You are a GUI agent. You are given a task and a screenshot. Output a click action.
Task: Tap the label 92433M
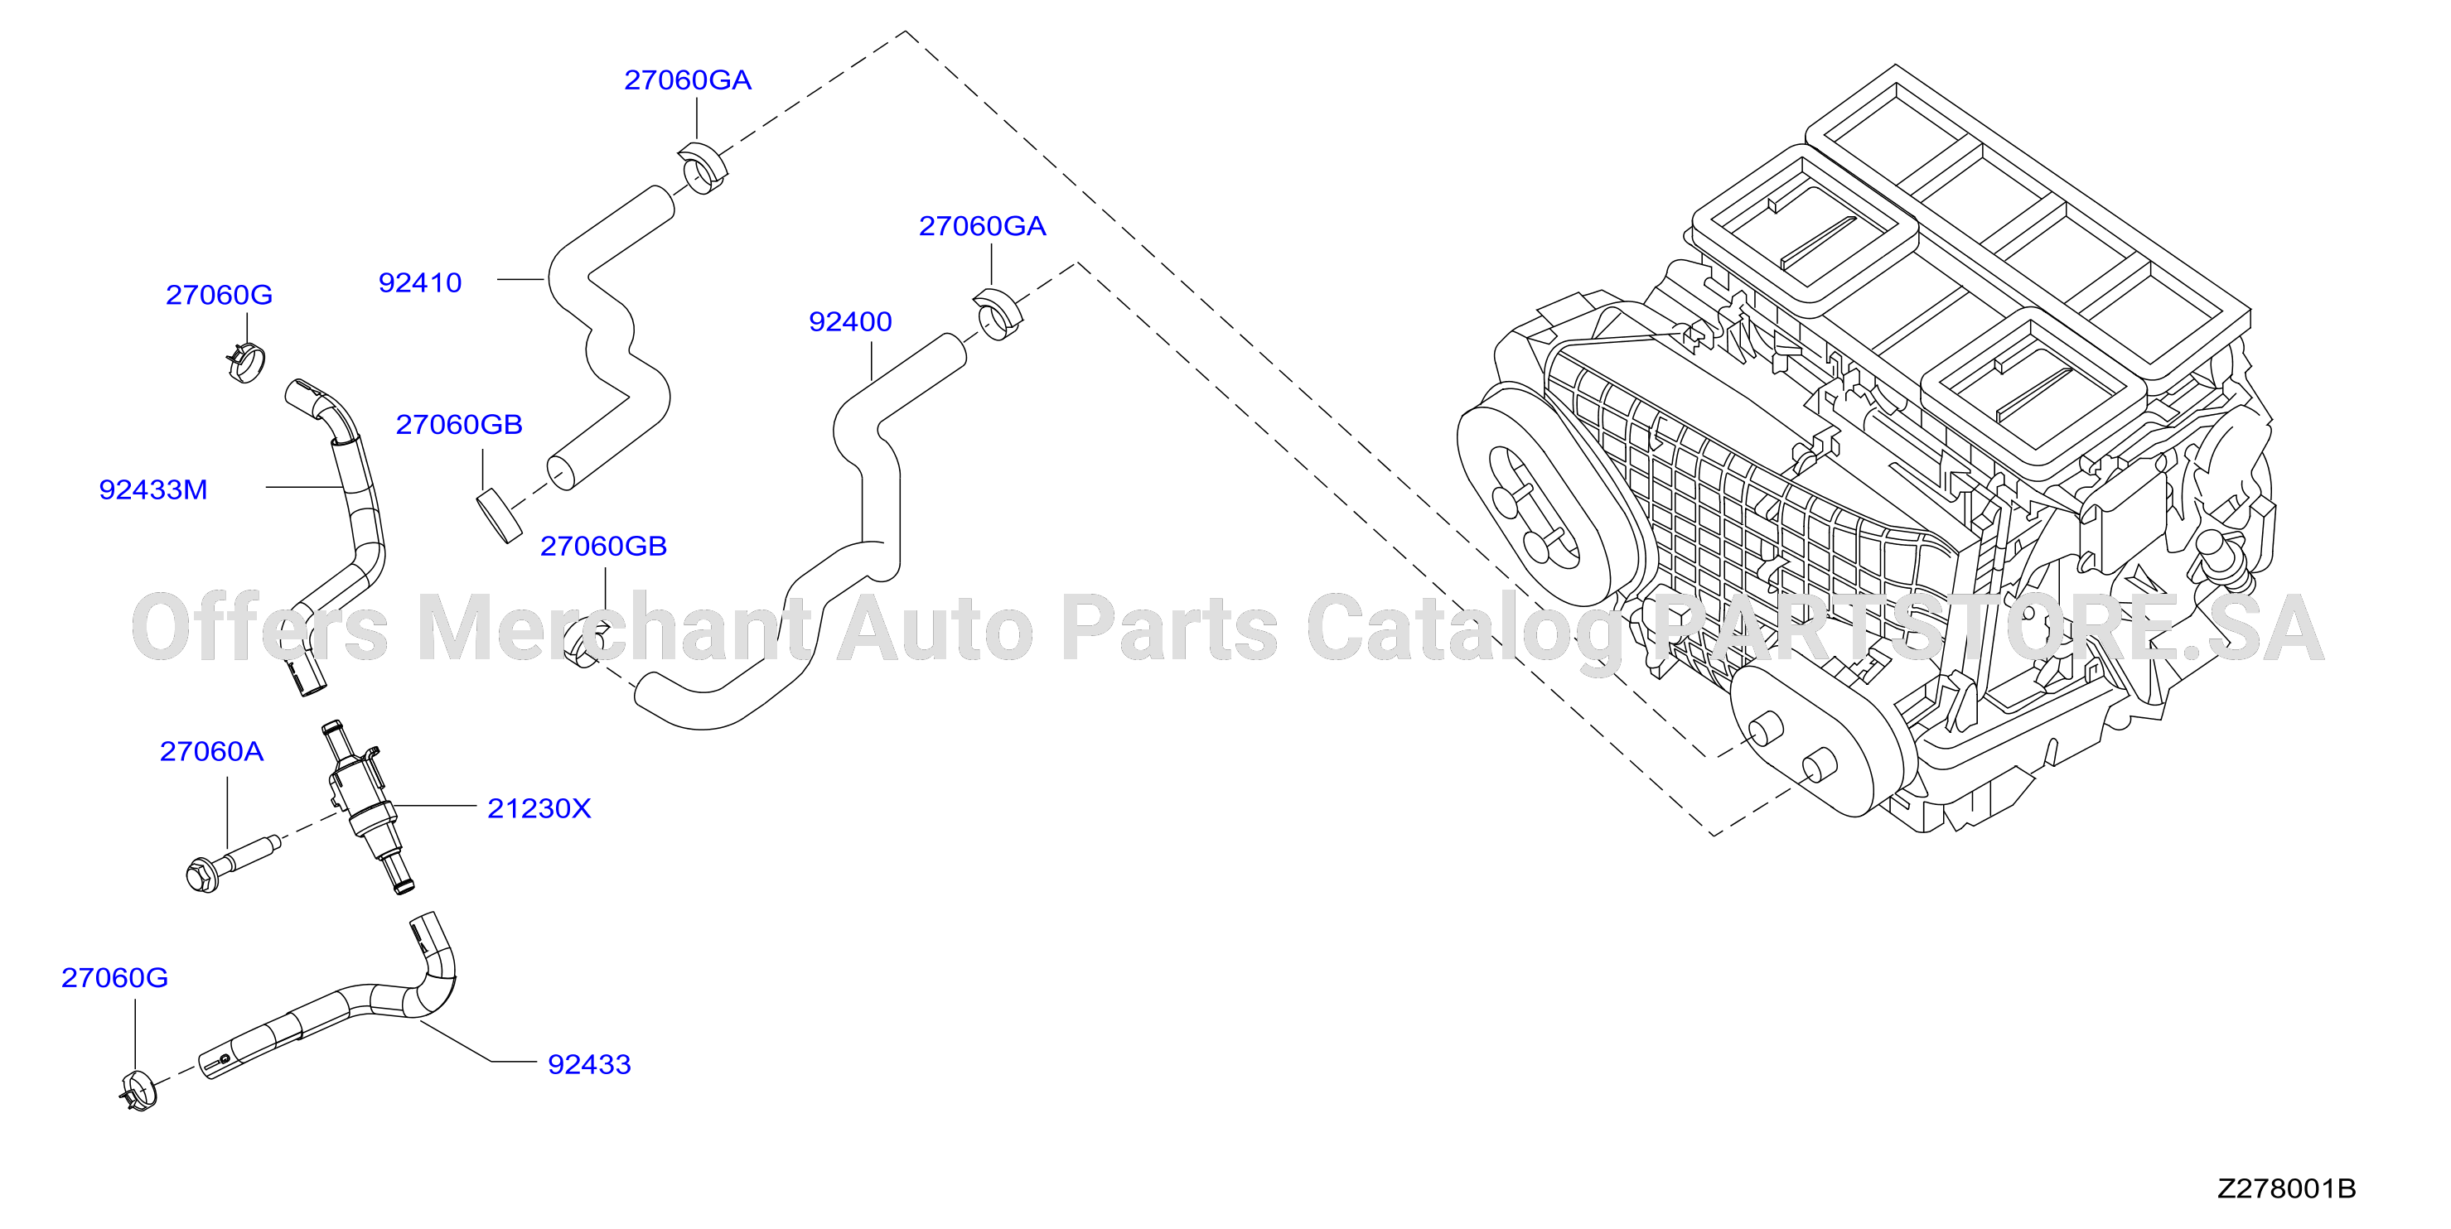[x=153, y=490]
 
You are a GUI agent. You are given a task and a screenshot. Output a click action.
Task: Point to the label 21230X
[x=539, y=808]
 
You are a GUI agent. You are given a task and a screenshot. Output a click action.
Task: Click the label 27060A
[x=211, y=751]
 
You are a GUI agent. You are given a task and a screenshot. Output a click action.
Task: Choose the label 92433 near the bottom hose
[x=589, y=1064]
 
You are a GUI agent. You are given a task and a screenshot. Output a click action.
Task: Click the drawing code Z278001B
[x=2286, y=1188]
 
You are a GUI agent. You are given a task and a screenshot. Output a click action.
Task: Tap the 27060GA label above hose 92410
[x=688, y=80]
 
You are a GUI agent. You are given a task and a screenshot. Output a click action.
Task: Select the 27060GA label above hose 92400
[x=982, y=226]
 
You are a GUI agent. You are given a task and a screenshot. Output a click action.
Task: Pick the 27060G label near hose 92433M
[x=219, y=295]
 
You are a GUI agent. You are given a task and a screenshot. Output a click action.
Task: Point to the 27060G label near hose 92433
[x=114, y=978]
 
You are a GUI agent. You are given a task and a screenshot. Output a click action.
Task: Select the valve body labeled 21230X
[x=366, y=806]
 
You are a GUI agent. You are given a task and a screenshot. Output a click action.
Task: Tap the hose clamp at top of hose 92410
[x=703, y=167]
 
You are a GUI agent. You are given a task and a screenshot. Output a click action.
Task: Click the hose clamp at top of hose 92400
[x=998, y=313]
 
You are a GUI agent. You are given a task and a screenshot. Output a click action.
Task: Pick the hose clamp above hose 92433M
[x=246, y=363]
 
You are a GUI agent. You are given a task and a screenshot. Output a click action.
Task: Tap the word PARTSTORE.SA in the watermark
[x=1989, y=629]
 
